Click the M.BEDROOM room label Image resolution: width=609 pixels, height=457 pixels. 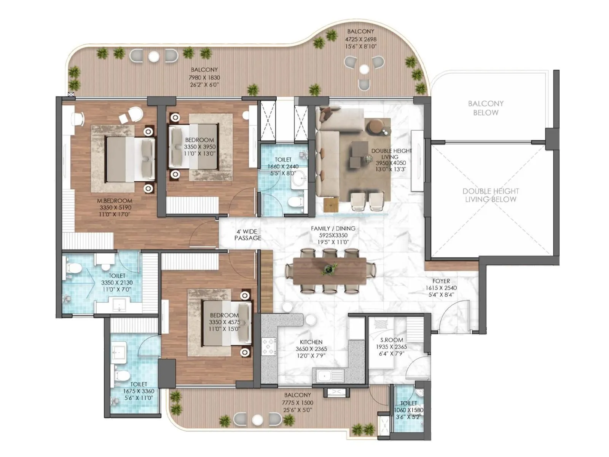pyautogui.click(x=115, y=201)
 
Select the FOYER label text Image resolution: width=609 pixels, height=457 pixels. pyautogui.click(x=441, y=281)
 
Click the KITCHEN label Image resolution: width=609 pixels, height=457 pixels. pyautogui.click(x=311, y=342)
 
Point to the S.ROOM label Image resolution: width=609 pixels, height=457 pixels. pyautogui.click(x=392, y=340)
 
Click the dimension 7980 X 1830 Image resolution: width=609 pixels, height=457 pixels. pyautogui.click(x=204, y=77)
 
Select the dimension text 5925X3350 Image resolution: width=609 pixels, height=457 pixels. pyautogui.click(x=333, y=235)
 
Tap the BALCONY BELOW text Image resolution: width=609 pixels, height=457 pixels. pyautogui.click(x=486, y=108)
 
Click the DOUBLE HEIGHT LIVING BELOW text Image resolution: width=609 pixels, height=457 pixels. pyautogui.click(x=491, y=195)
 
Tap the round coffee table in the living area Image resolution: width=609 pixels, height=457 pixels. pyautogui.click(x=375, y=126)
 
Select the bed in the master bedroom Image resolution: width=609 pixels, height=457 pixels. pyautogui.click(x=129, y=159)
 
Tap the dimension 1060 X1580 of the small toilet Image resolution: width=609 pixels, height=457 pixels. pyautogui.click(x=409, y=410)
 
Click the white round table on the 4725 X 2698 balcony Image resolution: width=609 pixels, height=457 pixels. pyautogui.click(x=364, y=69)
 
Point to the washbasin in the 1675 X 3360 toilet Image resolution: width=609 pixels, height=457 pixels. pyautogui.click(x=120, y=352)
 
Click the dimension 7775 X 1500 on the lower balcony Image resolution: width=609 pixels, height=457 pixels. pyautogui.click(x=298, y=403)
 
